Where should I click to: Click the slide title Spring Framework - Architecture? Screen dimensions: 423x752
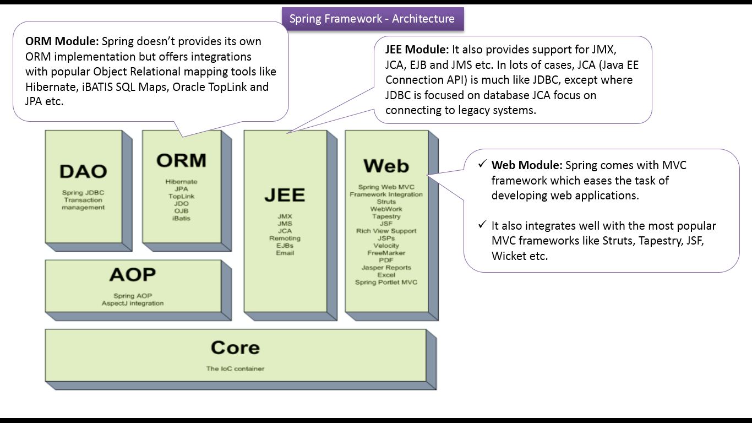[x=372, y=19]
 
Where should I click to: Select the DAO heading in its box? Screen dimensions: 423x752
[x=83, y=171]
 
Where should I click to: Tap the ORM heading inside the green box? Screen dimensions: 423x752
[x=181, y=160]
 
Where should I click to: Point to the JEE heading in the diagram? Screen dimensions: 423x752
[x=285, y=195]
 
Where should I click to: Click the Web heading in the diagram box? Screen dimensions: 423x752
[x=386, y=165]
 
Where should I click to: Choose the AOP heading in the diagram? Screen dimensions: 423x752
[x=133, y=274]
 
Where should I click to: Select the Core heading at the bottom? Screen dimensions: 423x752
[x=235, y=348]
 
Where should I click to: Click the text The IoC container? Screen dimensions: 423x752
[x=235, y=368]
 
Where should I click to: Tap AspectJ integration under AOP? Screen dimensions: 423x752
[x=133, y=303]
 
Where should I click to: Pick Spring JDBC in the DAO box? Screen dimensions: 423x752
[x=83, y=193]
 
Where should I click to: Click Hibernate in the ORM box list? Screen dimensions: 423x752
[x=181, y=182]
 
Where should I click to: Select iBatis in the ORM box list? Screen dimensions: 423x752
[x=181, y=219]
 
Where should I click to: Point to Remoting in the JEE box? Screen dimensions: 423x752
[x=285, y=238]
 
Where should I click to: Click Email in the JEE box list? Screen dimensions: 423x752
[x=285, y=253]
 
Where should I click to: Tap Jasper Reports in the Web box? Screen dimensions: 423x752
[x=386, y=268]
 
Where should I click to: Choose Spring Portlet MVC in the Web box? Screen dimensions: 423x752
[x=386, y=283]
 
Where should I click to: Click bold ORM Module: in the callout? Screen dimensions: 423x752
[x=62, y=41]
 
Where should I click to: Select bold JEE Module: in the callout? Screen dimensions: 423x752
[x=417, y=49]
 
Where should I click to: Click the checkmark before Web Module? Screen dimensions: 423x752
[x=482, y=164]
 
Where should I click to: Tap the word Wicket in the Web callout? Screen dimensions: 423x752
[x=506, y=256]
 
